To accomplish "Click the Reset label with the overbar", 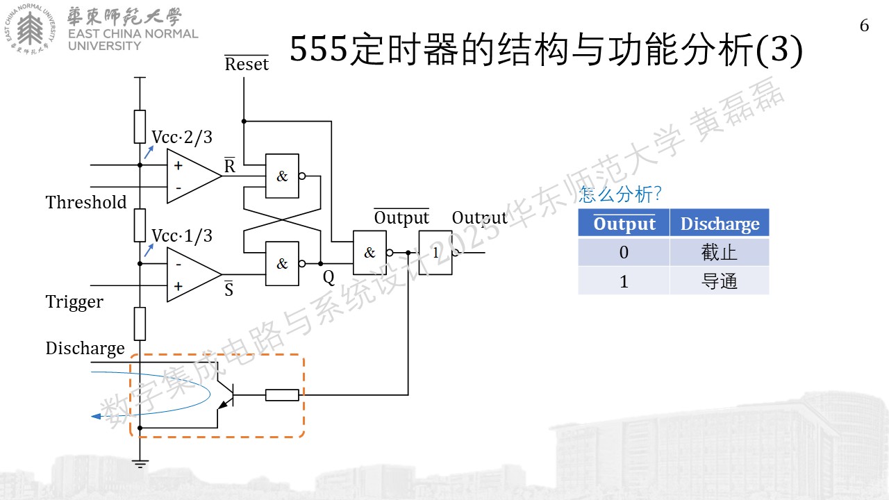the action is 247,63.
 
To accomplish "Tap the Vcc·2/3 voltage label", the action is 182,137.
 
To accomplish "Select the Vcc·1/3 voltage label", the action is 182,235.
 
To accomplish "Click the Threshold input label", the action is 86,202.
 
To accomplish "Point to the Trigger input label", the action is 74,302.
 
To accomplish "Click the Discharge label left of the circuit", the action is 85,349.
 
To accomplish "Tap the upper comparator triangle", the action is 194,176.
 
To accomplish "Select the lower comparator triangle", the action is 194,274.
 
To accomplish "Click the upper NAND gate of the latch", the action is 282,176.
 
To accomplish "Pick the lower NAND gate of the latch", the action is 282,263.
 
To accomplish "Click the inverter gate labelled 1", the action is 435,252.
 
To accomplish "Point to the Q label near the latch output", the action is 329,277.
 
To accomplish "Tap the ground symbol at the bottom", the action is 140,464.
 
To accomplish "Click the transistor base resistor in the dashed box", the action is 282,395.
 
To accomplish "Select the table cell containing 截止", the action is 720,252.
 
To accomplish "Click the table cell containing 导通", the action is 720,281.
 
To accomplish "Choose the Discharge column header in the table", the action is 720,223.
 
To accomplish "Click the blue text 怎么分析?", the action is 620,194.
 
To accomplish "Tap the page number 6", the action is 865,26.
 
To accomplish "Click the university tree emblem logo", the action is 30,29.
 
